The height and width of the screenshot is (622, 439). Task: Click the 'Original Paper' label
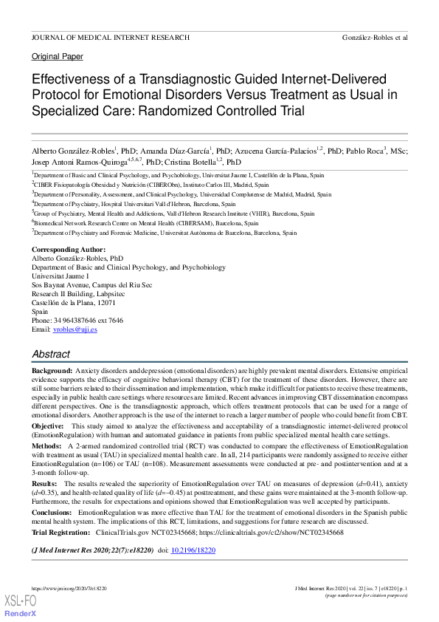click(x=58, y=57)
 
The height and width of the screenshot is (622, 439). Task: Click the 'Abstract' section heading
click(x=51, y=354)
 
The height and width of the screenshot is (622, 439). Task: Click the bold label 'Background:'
click(x=52, y=369)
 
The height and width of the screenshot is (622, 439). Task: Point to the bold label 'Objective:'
click(x=48, y=426)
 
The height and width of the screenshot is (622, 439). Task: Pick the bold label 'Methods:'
click(x=46, y=447)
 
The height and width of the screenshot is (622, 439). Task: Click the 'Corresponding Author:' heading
click(x=69, y=250)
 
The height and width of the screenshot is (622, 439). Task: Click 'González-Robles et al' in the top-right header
click(x=376, y=37)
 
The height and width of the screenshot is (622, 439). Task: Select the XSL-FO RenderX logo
click(x=21, y=606)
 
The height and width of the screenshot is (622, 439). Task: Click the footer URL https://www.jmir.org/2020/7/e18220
click(x=69, y=588)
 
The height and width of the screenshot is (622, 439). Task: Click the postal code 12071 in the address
click(x=106, y=303)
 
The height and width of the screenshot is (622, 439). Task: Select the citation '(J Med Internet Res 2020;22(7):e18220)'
click(x=92, y=550)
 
